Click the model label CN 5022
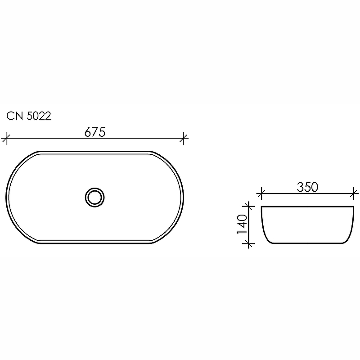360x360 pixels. pyautogui.click(x=29, y=116)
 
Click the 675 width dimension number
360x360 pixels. pyautogui.click(x=95, y=132)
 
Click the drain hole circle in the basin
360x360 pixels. pyautogui.click(x=95, y=197)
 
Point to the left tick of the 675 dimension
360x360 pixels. pyautogui.click(x=5, y=138)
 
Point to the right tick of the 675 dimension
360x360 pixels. pyautogui.click(x=184, y=138)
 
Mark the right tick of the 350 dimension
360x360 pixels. pyautogui.click(x=354, y=194)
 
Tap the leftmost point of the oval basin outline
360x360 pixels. pyautogui.click(x=7, y=197)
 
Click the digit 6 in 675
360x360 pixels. pyautogui.click(x=88, y=132)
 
